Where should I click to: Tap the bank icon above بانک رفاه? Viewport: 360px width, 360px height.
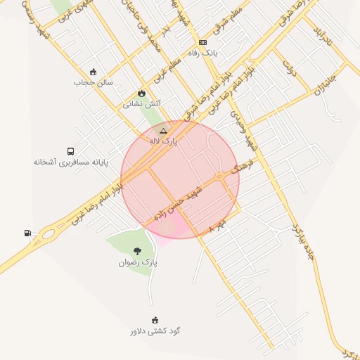[203, 42]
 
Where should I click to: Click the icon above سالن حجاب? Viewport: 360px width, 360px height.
[93, 72]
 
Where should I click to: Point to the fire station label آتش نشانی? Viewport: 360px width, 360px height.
[142, 103]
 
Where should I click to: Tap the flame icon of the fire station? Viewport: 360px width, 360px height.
[142, 93]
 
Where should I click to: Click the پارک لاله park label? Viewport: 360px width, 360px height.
[163, 141]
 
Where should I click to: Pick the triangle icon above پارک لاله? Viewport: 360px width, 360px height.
[163, 131]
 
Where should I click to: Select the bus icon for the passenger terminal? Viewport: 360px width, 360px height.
[70, 151]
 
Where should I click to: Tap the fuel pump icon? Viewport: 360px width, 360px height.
[27, 233]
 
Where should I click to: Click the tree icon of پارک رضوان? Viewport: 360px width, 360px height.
[137, 251]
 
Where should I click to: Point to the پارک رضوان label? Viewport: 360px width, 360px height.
[138, 262]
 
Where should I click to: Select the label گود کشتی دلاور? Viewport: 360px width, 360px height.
[155, 330]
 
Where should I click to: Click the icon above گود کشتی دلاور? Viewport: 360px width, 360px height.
[155, 320]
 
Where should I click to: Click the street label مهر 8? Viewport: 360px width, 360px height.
[219, 226]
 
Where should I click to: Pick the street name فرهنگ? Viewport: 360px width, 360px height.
[240, 167]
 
